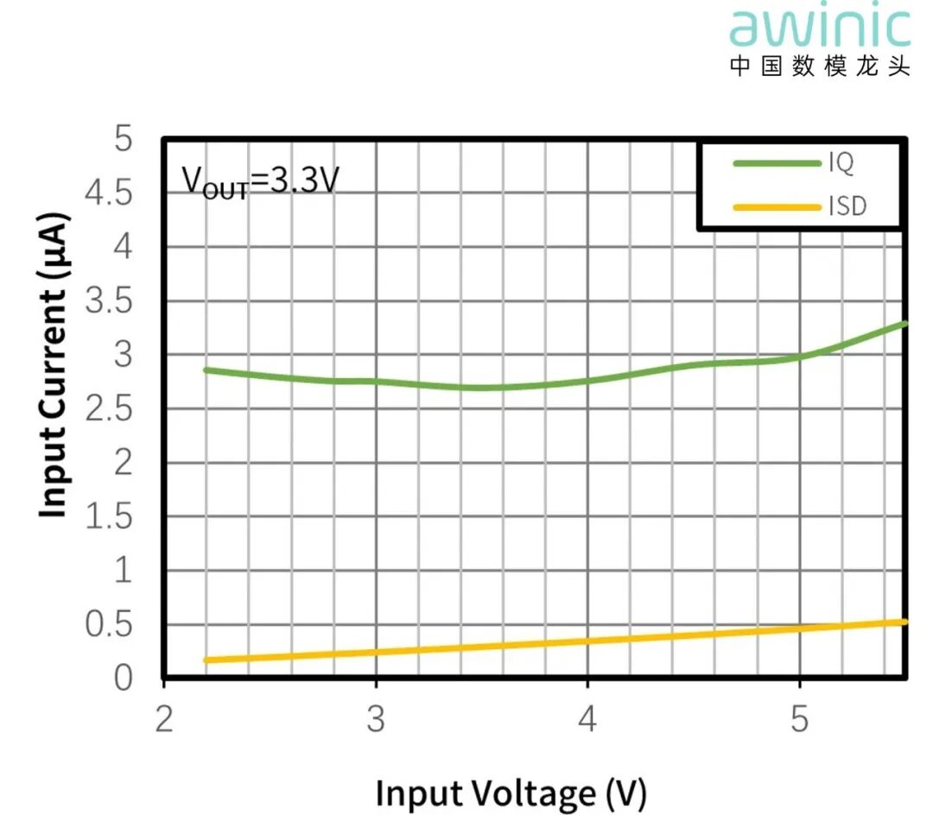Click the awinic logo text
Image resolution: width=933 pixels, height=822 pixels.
[820, 28]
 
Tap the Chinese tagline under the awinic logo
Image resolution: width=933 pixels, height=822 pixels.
[820, 66]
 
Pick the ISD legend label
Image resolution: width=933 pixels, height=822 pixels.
[847, 206]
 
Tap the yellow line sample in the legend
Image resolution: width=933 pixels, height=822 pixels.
[776, 206]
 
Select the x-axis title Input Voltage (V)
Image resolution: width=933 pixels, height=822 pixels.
[511, 792]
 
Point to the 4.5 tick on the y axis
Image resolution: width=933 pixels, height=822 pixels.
[110, 193]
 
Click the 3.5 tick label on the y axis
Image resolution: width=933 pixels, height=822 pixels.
[110, 301]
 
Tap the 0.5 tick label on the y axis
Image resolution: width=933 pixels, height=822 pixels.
[110, 625]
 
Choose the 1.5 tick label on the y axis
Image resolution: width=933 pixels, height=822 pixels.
[110, 516]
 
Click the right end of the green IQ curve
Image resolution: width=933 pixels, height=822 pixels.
[904, 324]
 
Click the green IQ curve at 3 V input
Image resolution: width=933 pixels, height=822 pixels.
[376, 381]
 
